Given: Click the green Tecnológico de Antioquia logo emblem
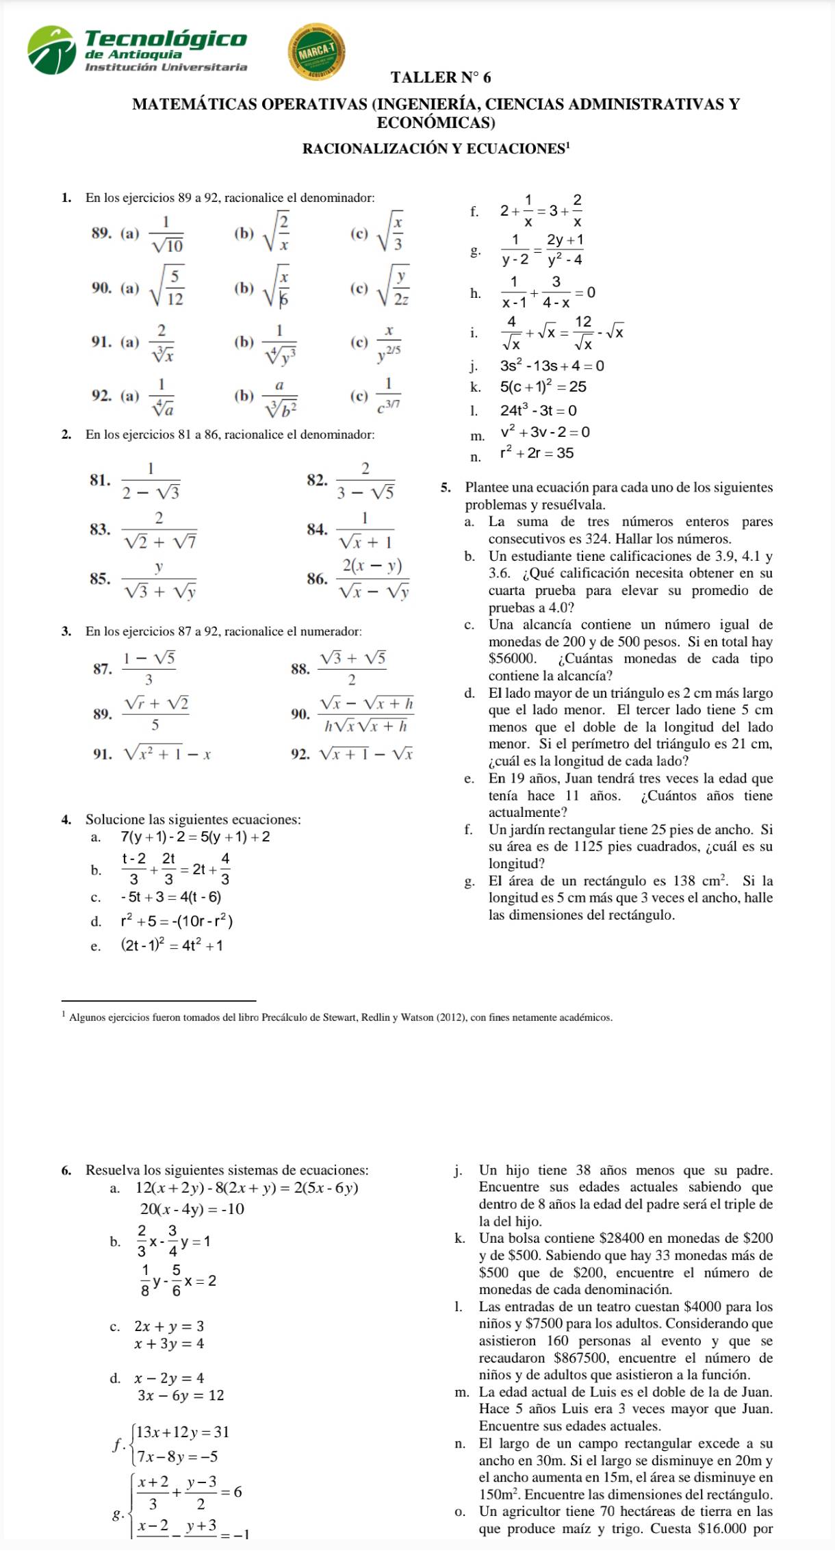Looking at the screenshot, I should pos(51,50).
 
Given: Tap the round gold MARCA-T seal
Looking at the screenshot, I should pos(316,52).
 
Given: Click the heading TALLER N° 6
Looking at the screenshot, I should pos(441,77).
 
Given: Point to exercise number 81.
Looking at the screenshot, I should pos(100,479).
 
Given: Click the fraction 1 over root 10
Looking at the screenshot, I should pos(166,233).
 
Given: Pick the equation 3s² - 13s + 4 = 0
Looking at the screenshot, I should pos(552,366).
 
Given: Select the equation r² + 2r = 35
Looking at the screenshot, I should pos(537,453).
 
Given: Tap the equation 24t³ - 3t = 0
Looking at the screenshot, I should pos(538,410).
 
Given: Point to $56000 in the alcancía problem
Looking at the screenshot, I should pos(513,659).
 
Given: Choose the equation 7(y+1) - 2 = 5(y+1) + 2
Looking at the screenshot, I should pos(195,837).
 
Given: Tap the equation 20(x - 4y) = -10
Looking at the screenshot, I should pos(192,1209).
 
